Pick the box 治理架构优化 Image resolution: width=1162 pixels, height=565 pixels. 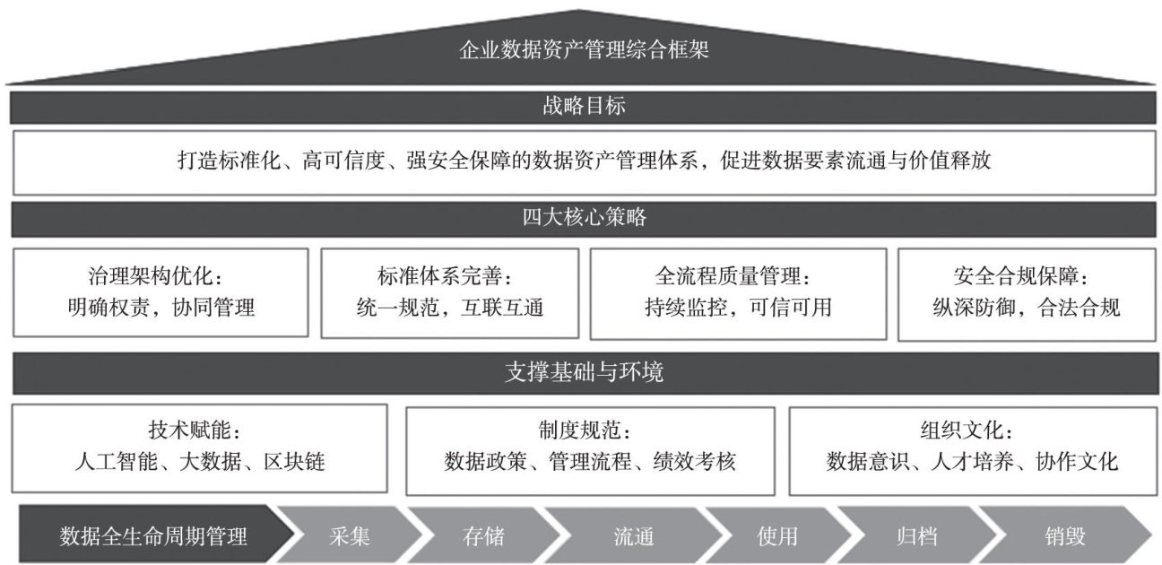(x=161, y=292)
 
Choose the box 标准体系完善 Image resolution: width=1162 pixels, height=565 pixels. (x=449, y=292)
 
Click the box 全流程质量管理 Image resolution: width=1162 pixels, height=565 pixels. (x=738, y=292)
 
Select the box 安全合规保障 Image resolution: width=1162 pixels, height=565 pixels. (x=1026, y=292)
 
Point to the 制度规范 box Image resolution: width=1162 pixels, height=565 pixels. (x=590, y=448)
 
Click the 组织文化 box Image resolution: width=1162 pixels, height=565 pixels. (x=972, y=448)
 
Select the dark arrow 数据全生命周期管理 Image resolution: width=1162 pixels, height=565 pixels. (x=152, y=537)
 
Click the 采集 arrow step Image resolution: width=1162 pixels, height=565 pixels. (x=345, y=537)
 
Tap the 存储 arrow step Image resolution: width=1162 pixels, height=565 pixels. (x=483, y=537)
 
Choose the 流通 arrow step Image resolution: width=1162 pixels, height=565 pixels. (x=633, y=537)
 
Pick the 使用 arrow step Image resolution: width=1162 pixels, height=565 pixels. (x=776, y=537)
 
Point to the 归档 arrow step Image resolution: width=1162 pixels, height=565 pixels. (x=916, y=537)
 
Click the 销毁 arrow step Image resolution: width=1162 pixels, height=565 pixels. (x=1064, y=537)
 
